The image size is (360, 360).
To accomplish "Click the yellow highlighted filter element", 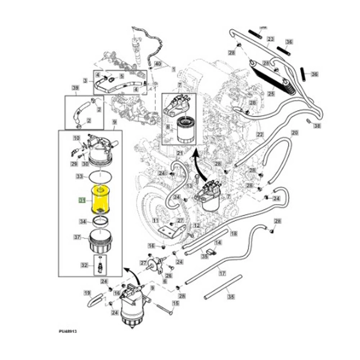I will (99, 201).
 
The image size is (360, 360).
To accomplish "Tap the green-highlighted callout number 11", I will (81, 201).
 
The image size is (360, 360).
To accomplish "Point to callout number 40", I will (157, 63).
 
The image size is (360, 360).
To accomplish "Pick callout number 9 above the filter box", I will (114, 121).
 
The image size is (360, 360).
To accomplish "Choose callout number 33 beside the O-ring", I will (79, 176).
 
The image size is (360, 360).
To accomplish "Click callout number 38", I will (317, 125).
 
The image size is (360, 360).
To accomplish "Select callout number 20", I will (295, 133).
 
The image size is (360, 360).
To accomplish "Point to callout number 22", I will (260, 135).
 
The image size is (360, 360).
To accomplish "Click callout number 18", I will (234, 233).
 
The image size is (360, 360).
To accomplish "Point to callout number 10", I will (76, 138).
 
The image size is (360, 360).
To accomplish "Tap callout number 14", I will (218, 242).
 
